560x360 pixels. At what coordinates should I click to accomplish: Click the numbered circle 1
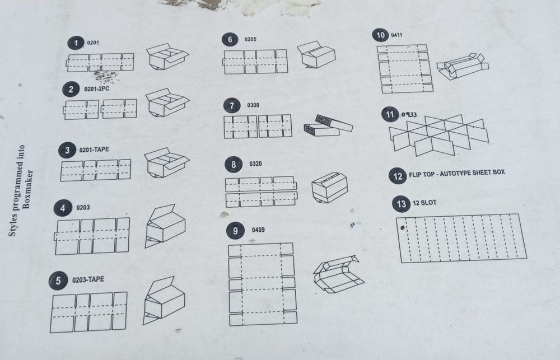[76, 43]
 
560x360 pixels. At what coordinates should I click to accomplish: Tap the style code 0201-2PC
[97, 88]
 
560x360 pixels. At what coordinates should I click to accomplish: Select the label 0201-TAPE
[94, 149]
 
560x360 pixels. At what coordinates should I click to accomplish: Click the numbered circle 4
[63, 208]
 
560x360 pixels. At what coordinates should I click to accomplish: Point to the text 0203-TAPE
[88, 279]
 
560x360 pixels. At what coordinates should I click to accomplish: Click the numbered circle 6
[230, 39]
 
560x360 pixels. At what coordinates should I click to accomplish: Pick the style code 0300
[253, 105]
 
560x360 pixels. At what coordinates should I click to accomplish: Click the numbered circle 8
[234, 164]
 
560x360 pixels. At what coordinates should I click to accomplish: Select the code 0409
[258, 230]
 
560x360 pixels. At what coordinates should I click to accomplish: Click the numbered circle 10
[380, 35]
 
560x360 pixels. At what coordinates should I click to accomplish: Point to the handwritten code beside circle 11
[409, 115]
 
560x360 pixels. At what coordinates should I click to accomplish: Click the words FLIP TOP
[422, 174]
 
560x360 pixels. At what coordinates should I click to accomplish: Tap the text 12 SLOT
[424, 203]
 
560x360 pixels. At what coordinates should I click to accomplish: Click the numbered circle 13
[401, 204]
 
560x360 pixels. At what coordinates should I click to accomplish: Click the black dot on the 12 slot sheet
[403, 228]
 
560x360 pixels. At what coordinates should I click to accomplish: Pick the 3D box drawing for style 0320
[329, 188]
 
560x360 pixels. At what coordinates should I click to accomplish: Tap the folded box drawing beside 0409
[338, 274]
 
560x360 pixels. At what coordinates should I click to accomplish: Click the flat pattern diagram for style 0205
[255, 62]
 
